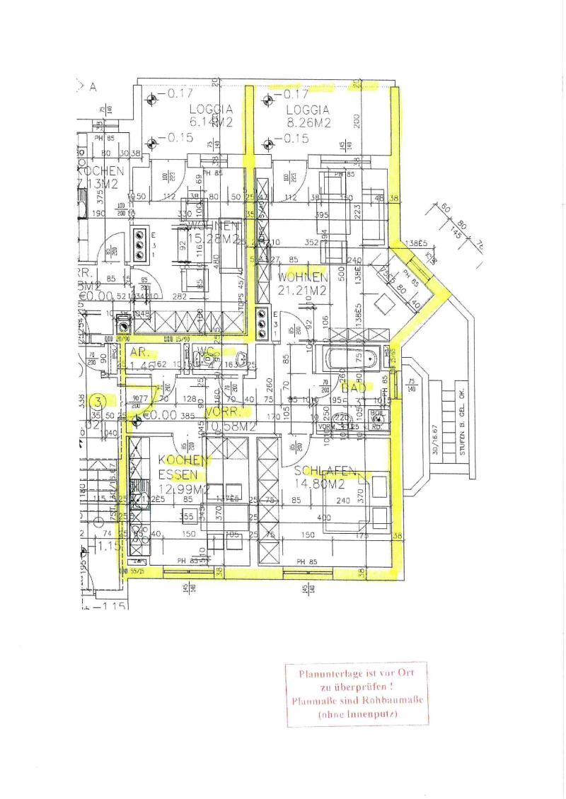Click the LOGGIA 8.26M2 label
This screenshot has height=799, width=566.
pyautogui.click(x=308, y=116)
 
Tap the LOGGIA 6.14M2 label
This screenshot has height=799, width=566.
pyautogui.click(x=211, y=116)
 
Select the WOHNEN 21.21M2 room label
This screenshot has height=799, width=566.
pyautogui.click(x=302, y=282)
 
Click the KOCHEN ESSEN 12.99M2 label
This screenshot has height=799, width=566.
pyautogui.click(x=182, y=474)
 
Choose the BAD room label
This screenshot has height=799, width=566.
pyautogui.click(x=352, y=387)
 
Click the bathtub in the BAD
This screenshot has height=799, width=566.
pyautogui.click(x=352, y=359)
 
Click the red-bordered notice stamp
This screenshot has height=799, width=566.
pyautogui.click(x=357, y=694)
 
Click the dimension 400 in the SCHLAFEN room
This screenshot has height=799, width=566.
pyautogui.click(x=324, y=518)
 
